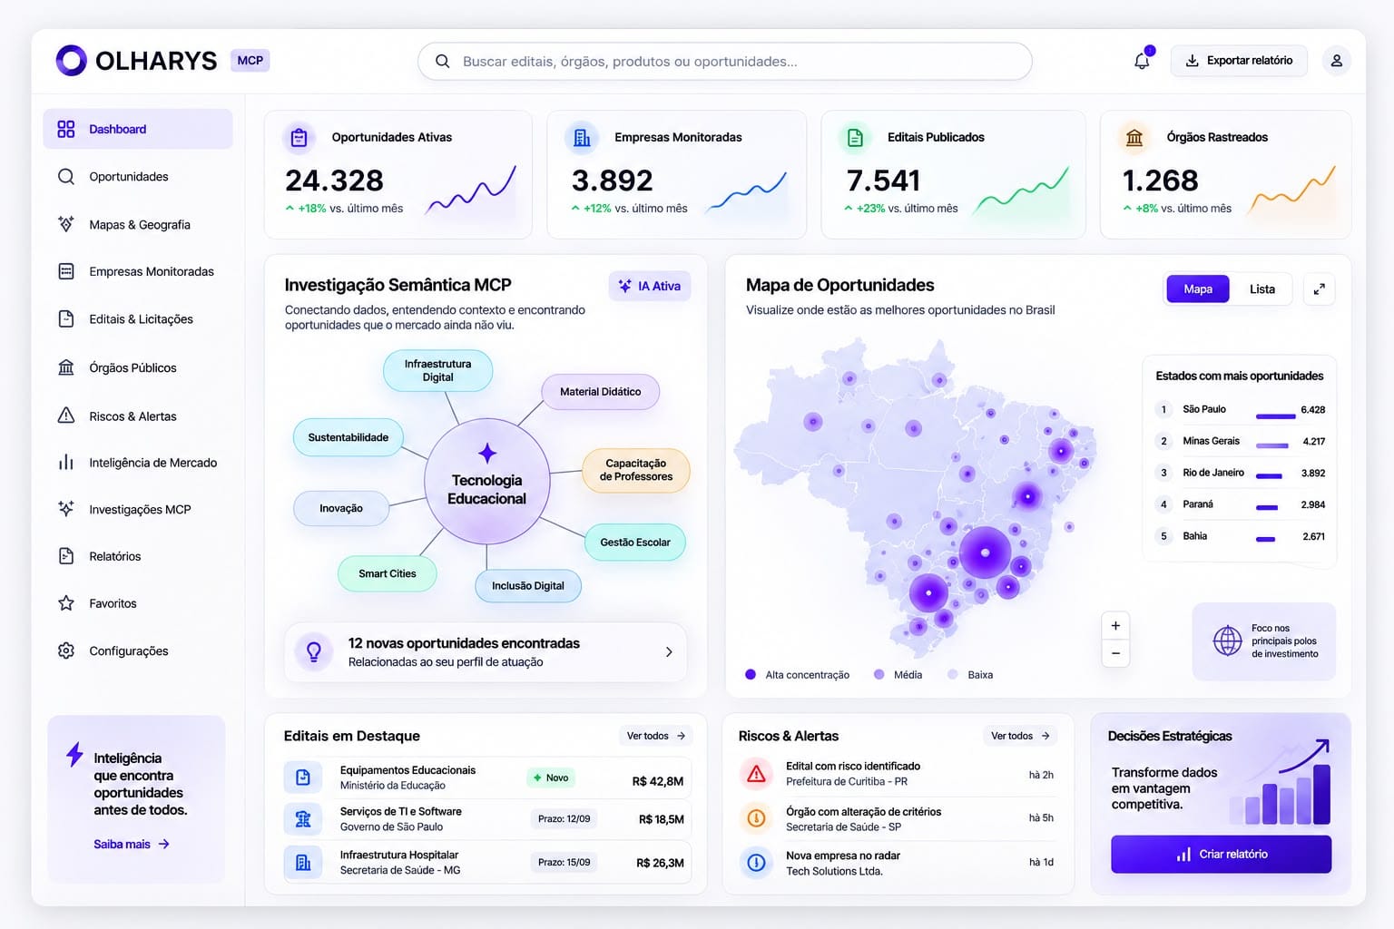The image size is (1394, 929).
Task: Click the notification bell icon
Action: pyautogui.click(x=1142, y=61)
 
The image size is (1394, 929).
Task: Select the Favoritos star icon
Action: pyautogui.click(x=66, y=603)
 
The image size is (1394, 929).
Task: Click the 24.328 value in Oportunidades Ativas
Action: pyautogui.click(x=334, y=181)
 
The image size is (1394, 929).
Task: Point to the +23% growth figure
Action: pyautogui.click(x=870, y=209)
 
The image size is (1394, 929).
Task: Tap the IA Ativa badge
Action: pyautogui.click(x=650, y=286)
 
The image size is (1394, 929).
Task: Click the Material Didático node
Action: pyautogui.click(x=601, y=391)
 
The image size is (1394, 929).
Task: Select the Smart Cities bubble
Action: pyautogui.click(x=388, y=573)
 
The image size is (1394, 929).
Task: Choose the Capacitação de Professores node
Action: pyautogui.click(x=635, y=470)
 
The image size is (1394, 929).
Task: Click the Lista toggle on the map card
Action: pyautogui.click(x=1262, y=289)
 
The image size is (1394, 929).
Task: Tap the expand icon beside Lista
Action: pyautogui.click(x=1319, y=289)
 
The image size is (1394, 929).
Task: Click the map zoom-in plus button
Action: pyautogui.click(x=1115, y=626)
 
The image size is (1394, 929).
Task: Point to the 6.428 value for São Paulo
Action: pyautogui.click(x=1312, y=409)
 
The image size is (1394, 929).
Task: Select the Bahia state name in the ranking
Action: pyautogui.click(x=1195, y=536)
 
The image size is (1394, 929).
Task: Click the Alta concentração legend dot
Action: pyautogui.click(x=751, y=674)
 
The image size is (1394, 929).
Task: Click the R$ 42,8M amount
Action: pyautogui.click(x=657, y=781)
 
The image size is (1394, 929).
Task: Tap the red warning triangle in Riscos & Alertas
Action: pyautogui.click(x=756, y=774)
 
